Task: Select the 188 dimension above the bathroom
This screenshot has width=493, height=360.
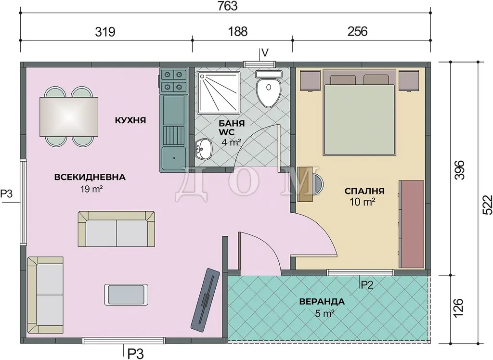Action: [238, 31]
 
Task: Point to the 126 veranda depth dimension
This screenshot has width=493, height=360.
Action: [458, 308]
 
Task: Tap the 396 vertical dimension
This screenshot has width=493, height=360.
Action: [459, 170]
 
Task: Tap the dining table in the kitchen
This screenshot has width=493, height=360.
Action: [69, 116]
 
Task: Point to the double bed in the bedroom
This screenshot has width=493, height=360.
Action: [359, 114]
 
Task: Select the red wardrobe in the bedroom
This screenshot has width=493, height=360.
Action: [411, 224]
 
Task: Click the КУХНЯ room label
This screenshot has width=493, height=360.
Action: [130, 120]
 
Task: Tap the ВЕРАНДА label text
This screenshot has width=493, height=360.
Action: [322, 302]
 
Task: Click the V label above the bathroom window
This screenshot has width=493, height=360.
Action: [265, 52]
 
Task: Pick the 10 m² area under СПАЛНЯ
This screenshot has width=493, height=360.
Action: [362, 202]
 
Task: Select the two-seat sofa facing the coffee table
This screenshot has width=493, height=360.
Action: [117, 229]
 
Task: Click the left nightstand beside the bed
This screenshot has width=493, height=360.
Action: [310, 80]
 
